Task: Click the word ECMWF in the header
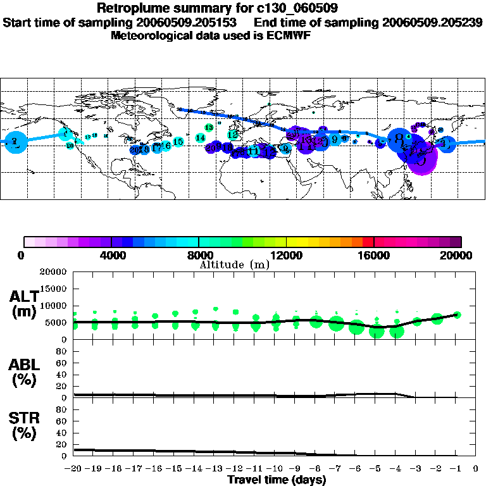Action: tap(290, 36)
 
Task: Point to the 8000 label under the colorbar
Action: tap(198, 256)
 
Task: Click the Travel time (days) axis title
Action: tap(277, 480)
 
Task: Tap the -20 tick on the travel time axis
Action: tap(74, 469)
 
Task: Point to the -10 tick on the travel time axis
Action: tap(275, 469)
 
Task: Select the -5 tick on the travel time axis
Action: tap(376, 469)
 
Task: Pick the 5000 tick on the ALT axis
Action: tap(57, 322)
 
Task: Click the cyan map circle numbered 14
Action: tap(201, 137)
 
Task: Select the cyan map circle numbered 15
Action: tap(178, 142)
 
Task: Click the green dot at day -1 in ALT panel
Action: tap(458, 315)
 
